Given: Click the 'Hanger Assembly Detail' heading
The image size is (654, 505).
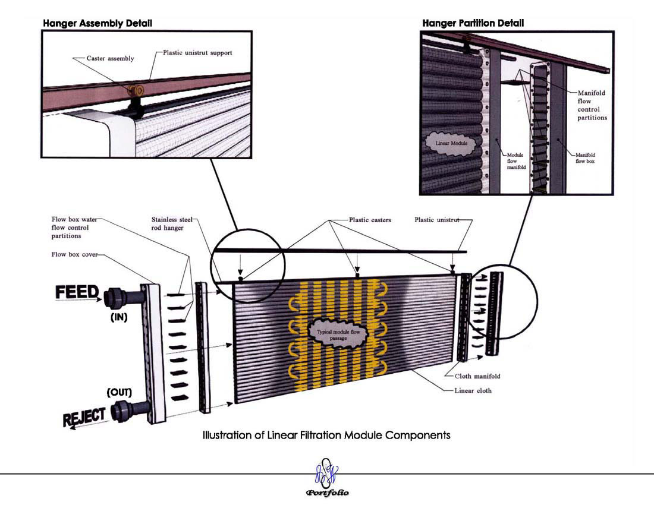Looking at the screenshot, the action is click(98, 23).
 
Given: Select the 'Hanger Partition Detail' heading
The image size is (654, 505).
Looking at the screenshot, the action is click(473, 23).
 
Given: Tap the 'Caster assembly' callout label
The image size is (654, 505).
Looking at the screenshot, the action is click(110, 58).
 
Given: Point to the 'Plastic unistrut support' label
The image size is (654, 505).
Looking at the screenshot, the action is click(197, 53).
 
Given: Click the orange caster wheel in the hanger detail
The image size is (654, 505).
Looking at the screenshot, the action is click(136, 90).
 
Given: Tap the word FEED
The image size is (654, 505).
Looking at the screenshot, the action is click(77, 292).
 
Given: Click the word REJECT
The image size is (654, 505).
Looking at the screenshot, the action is click(84, 417).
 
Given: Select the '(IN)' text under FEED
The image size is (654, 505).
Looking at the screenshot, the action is click(119, 317).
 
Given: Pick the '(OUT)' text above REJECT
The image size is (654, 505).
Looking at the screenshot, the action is click(120, 393).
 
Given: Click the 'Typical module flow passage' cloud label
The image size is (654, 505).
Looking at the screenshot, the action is click(338, 335).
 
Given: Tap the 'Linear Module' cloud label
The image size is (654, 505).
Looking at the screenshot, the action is click(451, 143).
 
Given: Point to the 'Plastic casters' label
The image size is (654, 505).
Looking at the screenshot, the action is click(370, 220).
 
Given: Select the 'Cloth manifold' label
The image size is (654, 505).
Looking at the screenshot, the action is click(477, 376).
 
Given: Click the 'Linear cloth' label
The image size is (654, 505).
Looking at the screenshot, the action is click(473, 390).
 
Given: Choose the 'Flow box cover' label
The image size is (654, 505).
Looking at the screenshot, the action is click(75, 254).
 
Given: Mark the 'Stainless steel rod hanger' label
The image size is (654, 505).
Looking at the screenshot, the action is click(172, 224).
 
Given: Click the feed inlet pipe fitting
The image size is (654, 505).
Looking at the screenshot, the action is click(124, 298).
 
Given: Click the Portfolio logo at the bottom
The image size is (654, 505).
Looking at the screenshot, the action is click(328, 478).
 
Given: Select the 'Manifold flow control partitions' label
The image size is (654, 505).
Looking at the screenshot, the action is click(592, 105).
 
